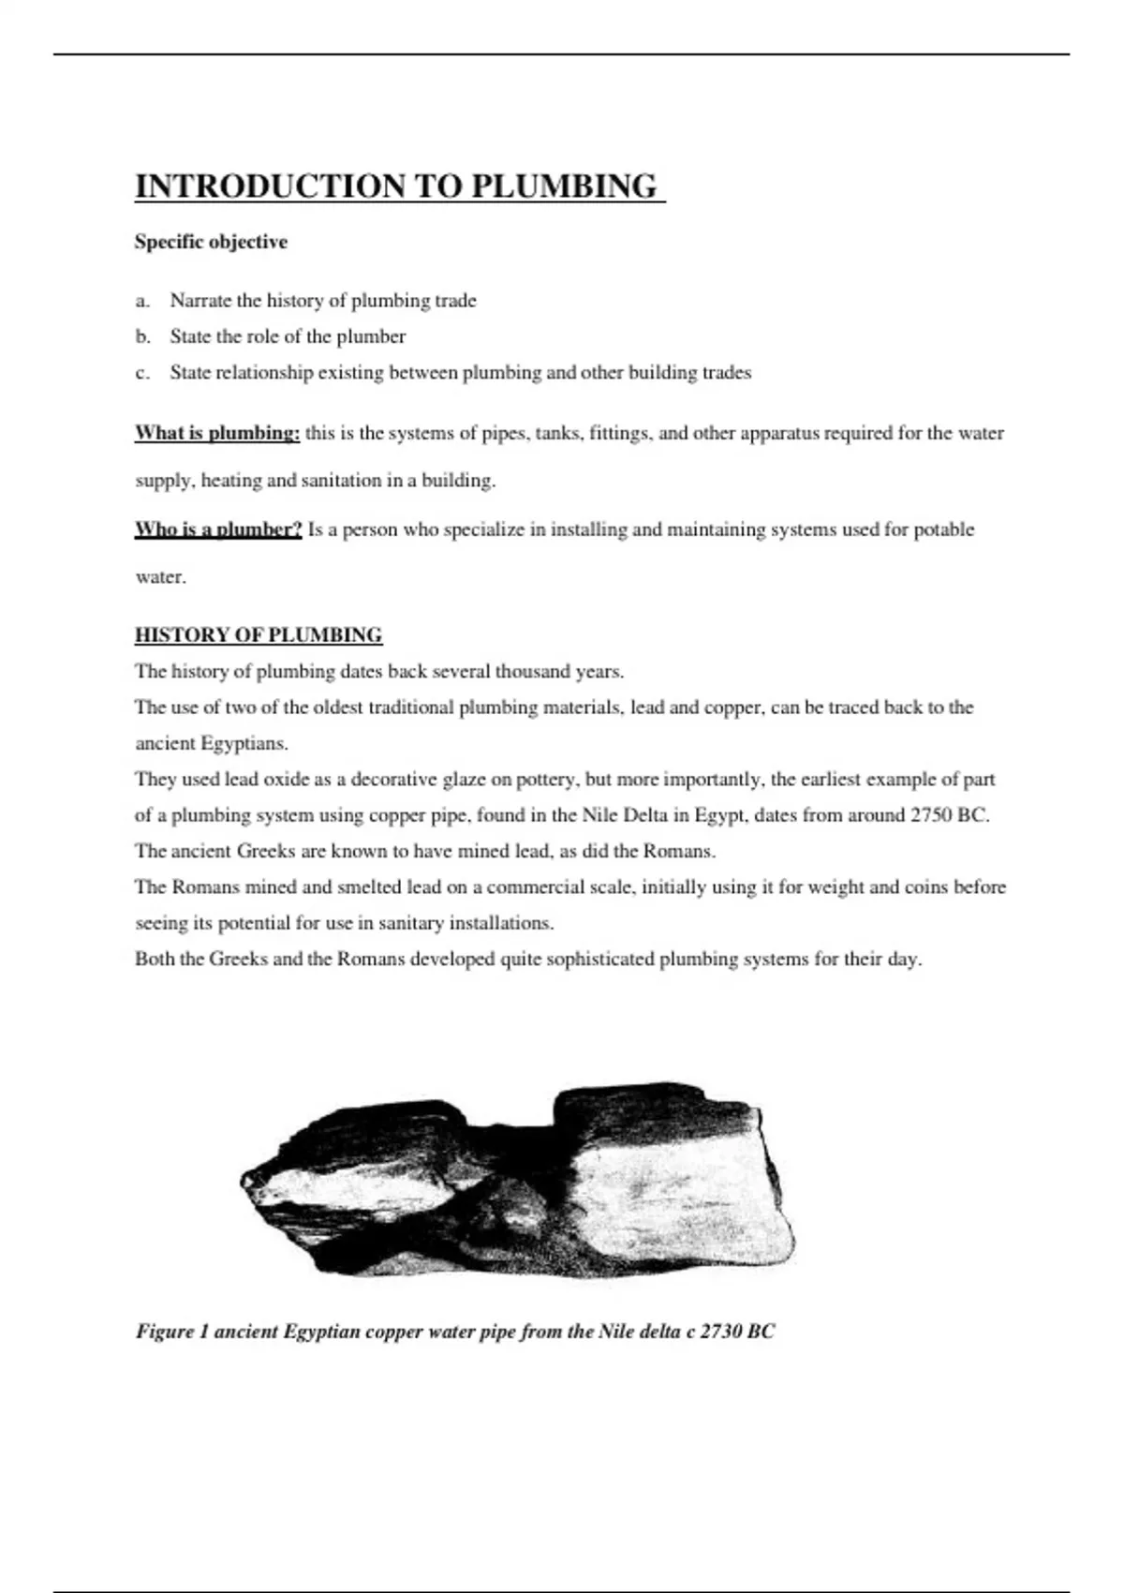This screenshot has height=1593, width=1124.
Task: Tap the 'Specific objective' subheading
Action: [211, 242]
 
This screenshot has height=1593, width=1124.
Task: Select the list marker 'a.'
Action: [142, 301]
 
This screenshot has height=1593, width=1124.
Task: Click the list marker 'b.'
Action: [142, 336]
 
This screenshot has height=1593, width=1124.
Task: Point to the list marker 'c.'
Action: [142, 373]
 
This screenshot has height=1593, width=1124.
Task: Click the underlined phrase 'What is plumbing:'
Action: [217, 433]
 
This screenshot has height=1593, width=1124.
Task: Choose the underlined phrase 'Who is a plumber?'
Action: [218, 529]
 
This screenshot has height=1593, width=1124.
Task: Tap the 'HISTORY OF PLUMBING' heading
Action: [259, 635]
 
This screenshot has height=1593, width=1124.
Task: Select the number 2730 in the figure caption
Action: [721, 1332]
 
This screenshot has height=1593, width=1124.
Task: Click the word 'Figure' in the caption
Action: [165, 1332]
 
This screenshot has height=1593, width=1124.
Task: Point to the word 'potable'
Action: [943, 529]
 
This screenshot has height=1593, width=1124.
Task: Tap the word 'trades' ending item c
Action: [726, 373]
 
